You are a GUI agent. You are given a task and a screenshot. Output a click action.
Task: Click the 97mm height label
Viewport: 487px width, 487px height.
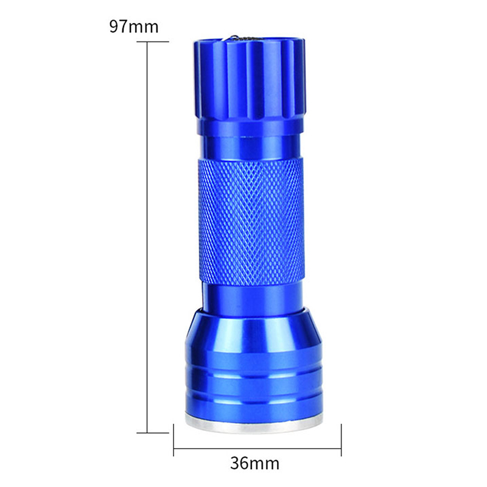coord(134,27)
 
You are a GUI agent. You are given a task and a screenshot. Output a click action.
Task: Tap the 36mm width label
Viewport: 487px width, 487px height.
coord(254,463)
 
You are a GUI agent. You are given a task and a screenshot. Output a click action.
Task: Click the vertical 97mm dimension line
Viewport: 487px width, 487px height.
coord(147,237)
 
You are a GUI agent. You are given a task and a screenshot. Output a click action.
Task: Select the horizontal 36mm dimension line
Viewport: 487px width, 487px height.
coord(258,448)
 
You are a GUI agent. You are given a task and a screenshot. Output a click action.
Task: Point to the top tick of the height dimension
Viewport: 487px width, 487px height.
coord(153,41)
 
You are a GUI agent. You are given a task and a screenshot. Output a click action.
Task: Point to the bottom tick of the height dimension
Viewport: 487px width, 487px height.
coord(153,432)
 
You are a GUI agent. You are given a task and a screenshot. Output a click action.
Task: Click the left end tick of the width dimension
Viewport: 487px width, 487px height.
coord(173,440)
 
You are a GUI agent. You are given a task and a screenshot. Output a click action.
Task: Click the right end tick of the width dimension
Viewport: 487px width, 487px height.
coord(342,440)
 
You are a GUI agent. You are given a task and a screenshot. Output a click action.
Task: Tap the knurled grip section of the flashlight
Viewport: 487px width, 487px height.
coord(250,222)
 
